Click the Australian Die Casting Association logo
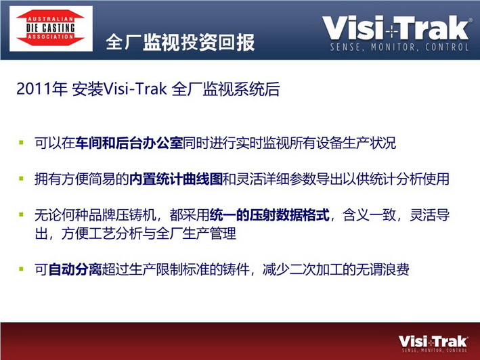[51, 28]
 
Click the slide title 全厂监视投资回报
[180, 42]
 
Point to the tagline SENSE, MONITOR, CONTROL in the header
[399, 47]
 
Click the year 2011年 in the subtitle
[42, 89]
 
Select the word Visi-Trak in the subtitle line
[135, 89]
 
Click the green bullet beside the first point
[21, 142]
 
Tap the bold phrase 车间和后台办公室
[129, 143]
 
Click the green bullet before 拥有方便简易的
[21, 178]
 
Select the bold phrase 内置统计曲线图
[176, 179]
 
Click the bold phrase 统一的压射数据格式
[269, 215]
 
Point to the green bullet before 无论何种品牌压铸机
[21, 214]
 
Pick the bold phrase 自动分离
[75, 270]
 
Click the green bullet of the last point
[21, 269]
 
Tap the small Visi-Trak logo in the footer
[433, 344]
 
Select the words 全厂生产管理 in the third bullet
[196, 233]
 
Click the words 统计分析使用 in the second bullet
[410, 179]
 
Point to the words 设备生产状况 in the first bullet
[356, 143]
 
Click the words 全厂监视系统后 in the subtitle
[225, 89]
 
